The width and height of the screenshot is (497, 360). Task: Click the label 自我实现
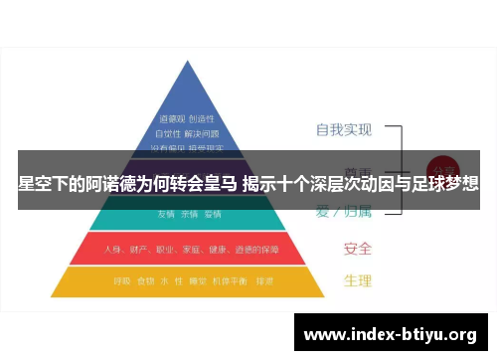tap(343, 129)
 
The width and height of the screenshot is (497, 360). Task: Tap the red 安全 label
tap(357, 248)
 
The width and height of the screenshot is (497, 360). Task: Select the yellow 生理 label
tap(357, 280)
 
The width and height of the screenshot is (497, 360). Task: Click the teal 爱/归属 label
tap(343, 211)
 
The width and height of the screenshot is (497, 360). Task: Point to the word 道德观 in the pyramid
tap(171, 117)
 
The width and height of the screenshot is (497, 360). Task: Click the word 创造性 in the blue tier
tap(202, 117)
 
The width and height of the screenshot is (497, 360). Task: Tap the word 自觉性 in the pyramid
tap(171, 132)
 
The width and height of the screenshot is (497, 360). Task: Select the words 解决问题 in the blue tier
tap(202, 132)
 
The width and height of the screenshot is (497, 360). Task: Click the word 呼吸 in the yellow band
tap(120, 280)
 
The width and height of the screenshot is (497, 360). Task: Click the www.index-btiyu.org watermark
tap(390, 333)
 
